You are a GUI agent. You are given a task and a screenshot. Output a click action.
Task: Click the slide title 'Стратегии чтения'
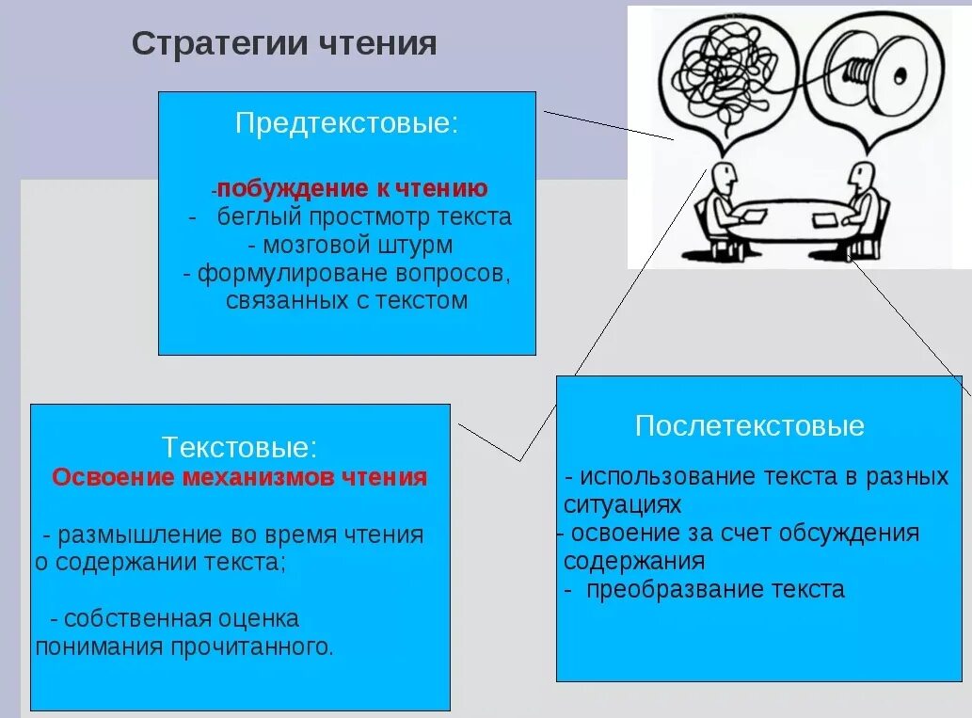[283, 44]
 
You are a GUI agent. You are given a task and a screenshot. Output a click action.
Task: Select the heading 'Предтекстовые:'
[347, 124]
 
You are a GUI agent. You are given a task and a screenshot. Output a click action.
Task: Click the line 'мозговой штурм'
[350, 246]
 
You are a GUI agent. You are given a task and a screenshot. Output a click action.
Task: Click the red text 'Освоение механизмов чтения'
[239, 477]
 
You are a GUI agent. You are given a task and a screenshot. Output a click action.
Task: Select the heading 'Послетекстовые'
[749, 425]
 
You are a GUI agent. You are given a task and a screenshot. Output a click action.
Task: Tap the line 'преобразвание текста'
[715, 590]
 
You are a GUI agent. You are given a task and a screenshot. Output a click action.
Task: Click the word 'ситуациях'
[622, 504]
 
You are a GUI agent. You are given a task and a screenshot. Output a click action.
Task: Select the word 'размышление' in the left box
[140, 535]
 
